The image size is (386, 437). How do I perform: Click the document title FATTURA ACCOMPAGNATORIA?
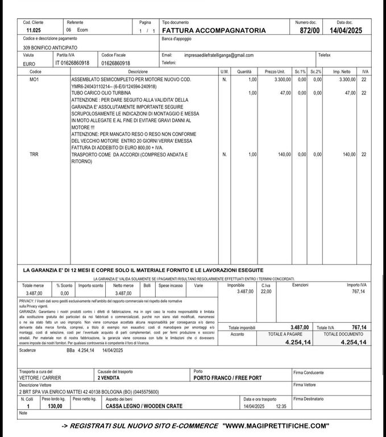(214, 30)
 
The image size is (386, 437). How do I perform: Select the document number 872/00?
(310, 30)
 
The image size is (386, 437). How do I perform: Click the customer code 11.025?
(34, 30)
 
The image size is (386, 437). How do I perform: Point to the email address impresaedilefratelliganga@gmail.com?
(219, 55)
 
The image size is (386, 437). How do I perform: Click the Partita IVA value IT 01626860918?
(72, 63)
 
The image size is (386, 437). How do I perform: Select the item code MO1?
(34, 79)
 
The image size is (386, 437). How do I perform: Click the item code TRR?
(34, 154)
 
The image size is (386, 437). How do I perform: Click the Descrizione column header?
(138, 72)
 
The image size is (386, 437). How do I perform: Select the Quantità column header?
(244, 72)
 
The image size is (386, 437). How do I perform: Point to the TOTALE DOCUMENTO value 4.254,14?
(353, 342)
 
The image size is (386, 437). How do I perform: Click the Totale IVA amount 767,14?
(358, 327)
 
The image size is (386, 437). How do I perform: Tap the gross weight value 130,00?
(55, 407)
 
